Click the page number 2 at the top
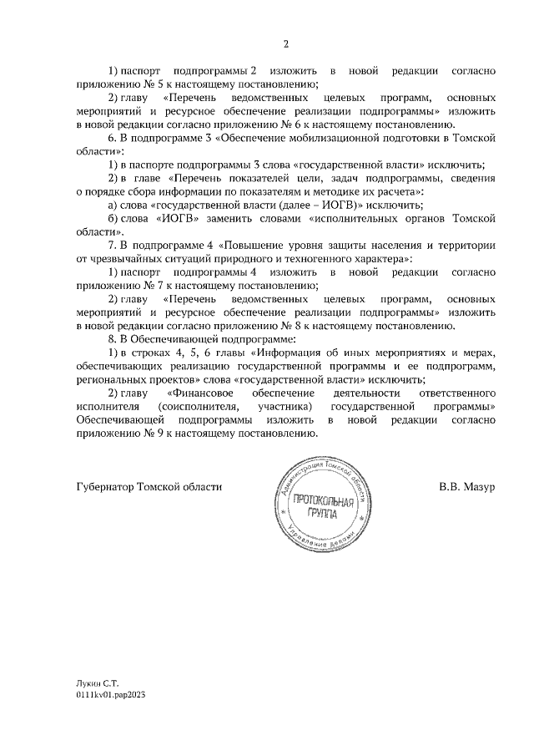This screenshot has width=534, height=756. [285, 43]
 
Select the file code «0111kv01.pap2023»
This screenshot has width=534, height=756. [109, 695]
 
